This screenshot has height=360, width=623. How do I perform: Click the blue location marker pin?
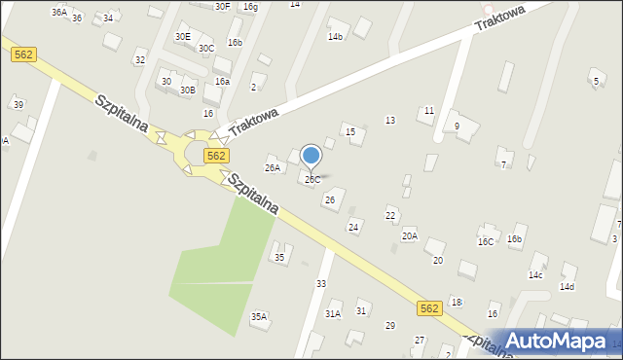click(x=311, y=156)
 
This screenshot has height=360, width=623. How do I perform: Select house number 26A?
click(x=273, y=167)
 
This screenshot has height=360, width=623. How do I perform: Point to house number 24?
click(x=354, y=227)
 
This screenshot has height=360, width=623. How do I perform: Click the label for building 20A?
click(x=409, y=235)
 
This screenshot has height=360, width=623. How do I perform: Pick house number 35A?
click(x=259, y=316)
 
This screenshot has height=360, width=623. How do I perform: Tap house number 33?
click(x=321, y=283)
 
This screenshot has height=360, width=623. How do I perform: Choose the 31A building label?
click(x=333, y=313)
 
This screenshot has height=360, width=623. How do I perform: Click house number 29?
click(x=390, y=325)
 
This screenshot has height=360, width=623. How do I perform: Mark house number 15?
click(x=350, y=131)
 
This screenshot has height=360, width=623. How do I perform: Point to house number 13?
click(x=390, y=120)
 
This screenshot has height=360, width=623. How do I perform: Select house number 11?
click(x=428, y=111)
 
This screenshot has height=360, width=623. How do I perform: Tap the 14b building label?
click(x=335, y=37)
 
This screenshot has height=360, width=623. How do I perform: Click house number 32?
click(x=140, y=60)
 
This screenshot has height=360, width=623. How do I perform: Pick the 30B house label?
click(x=187, y=90)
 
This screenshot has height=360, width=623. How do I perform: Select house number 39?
click(x=18, y=104)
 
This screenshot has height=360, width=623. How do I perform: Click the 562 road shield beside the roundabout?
click(x=216, y=156)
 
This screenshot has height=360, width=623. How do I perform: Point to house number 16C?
click(x=485, y=241)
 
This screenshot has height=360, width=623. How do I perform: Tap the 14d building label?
click(x=567, y=286)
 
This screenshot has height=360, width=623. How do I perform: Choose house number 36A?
click(x=59, y=12)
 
